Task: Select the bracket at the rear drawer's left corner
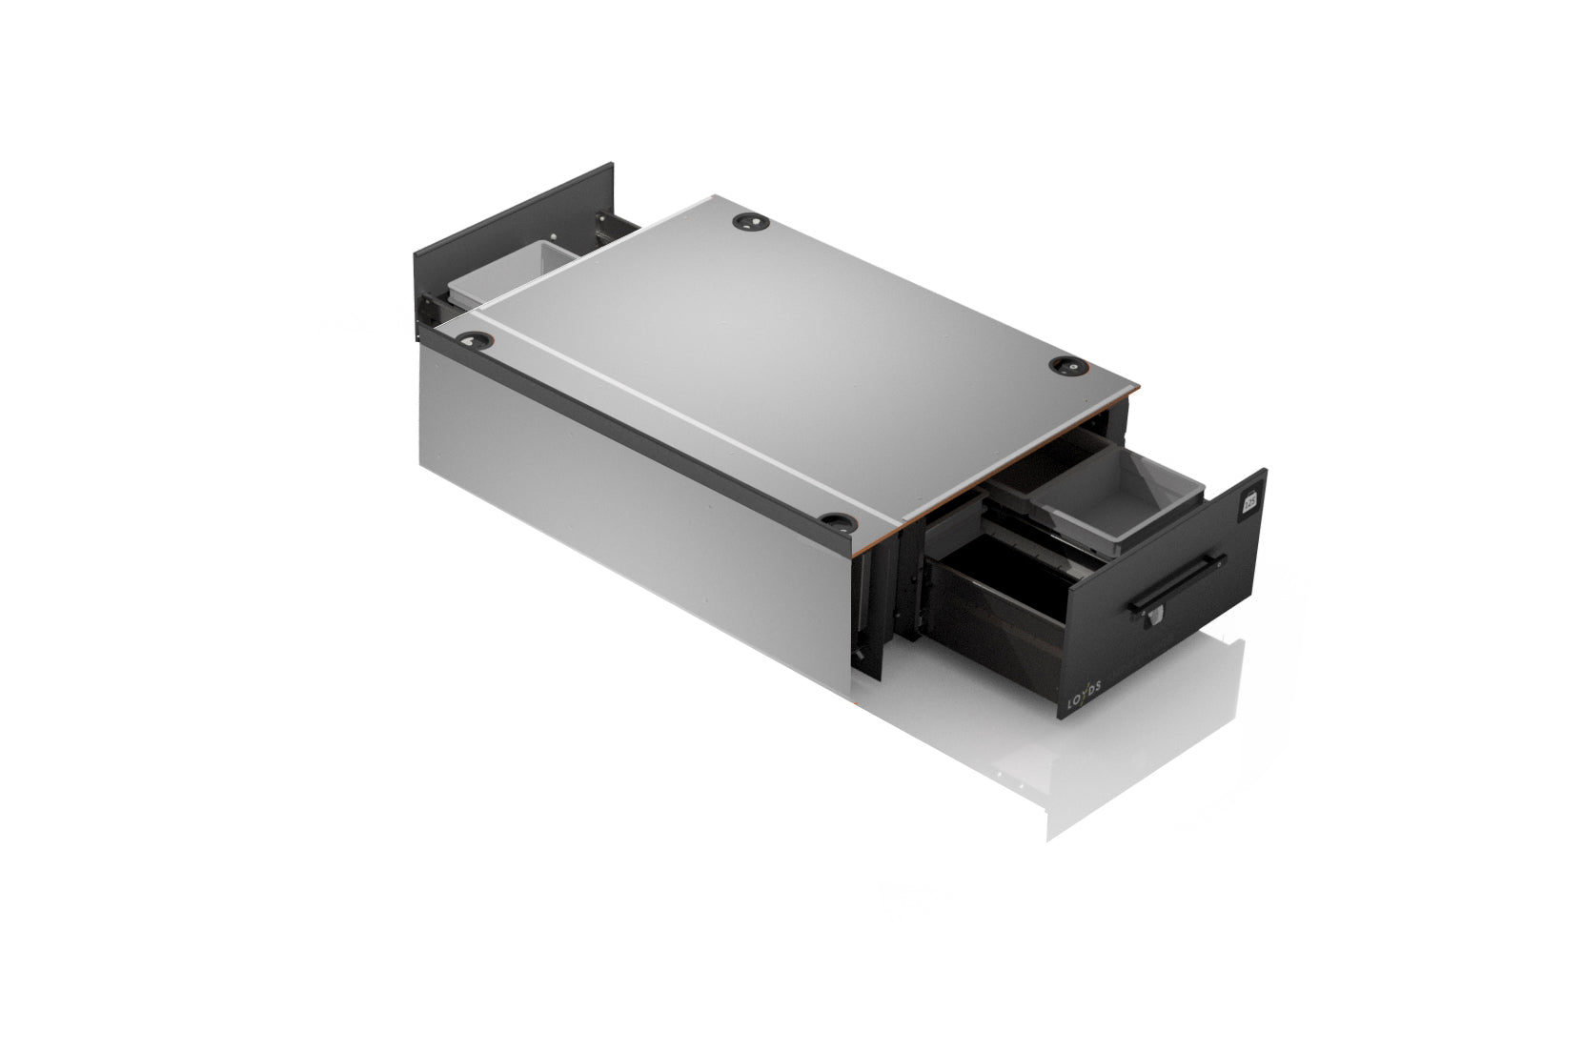[430, 306]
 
